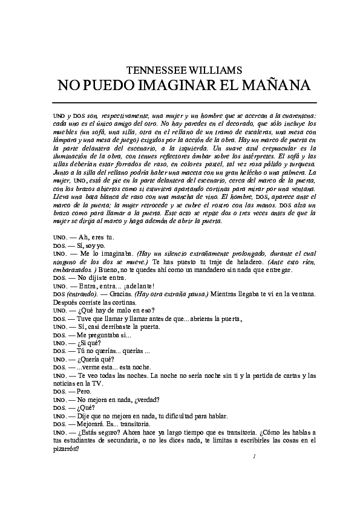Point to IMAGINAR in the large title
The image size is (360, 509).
tap(182, 85)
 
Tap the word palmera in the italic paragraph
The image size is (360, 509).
tap(293, 171)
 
